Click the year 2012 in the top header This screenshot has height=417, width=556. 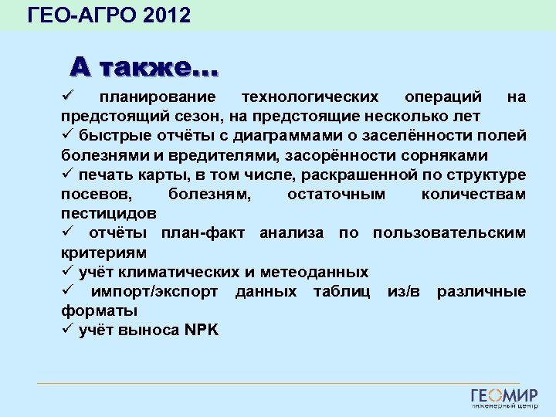point(167,14)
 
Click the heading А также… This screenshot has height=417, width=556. point(144,67)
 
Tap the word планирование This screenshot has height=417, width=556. point(158,97)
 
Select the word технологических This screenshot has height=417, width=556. point(310,97)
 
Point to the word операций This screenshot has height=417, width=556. point(444,97)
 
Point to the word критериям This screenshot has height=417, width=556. point(103,253)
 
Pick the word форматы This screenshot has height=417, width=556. point(99,310)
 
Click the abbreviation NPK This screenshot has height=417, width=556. point(202,331)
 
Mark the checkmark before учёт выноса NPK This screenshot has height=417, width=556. point(66,330)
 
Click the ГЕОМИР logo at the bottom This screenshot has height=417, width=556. point(504,398)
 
